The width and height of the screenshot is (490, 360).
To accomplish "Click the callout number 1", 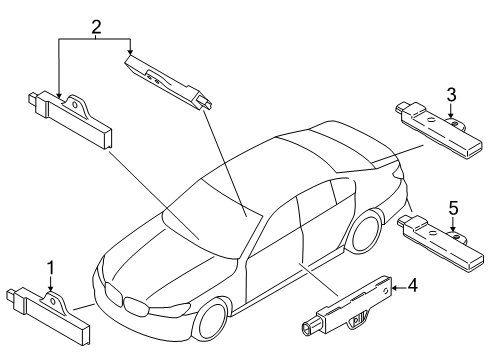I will [50, 268].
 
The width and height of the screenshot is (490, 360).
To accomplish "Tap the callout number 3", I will [451, 94].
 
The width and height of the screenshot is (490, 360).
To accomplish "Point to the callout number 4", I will [413, 287].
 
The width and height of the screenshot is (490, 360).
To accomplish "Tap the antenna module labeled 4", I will [344, 305].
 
